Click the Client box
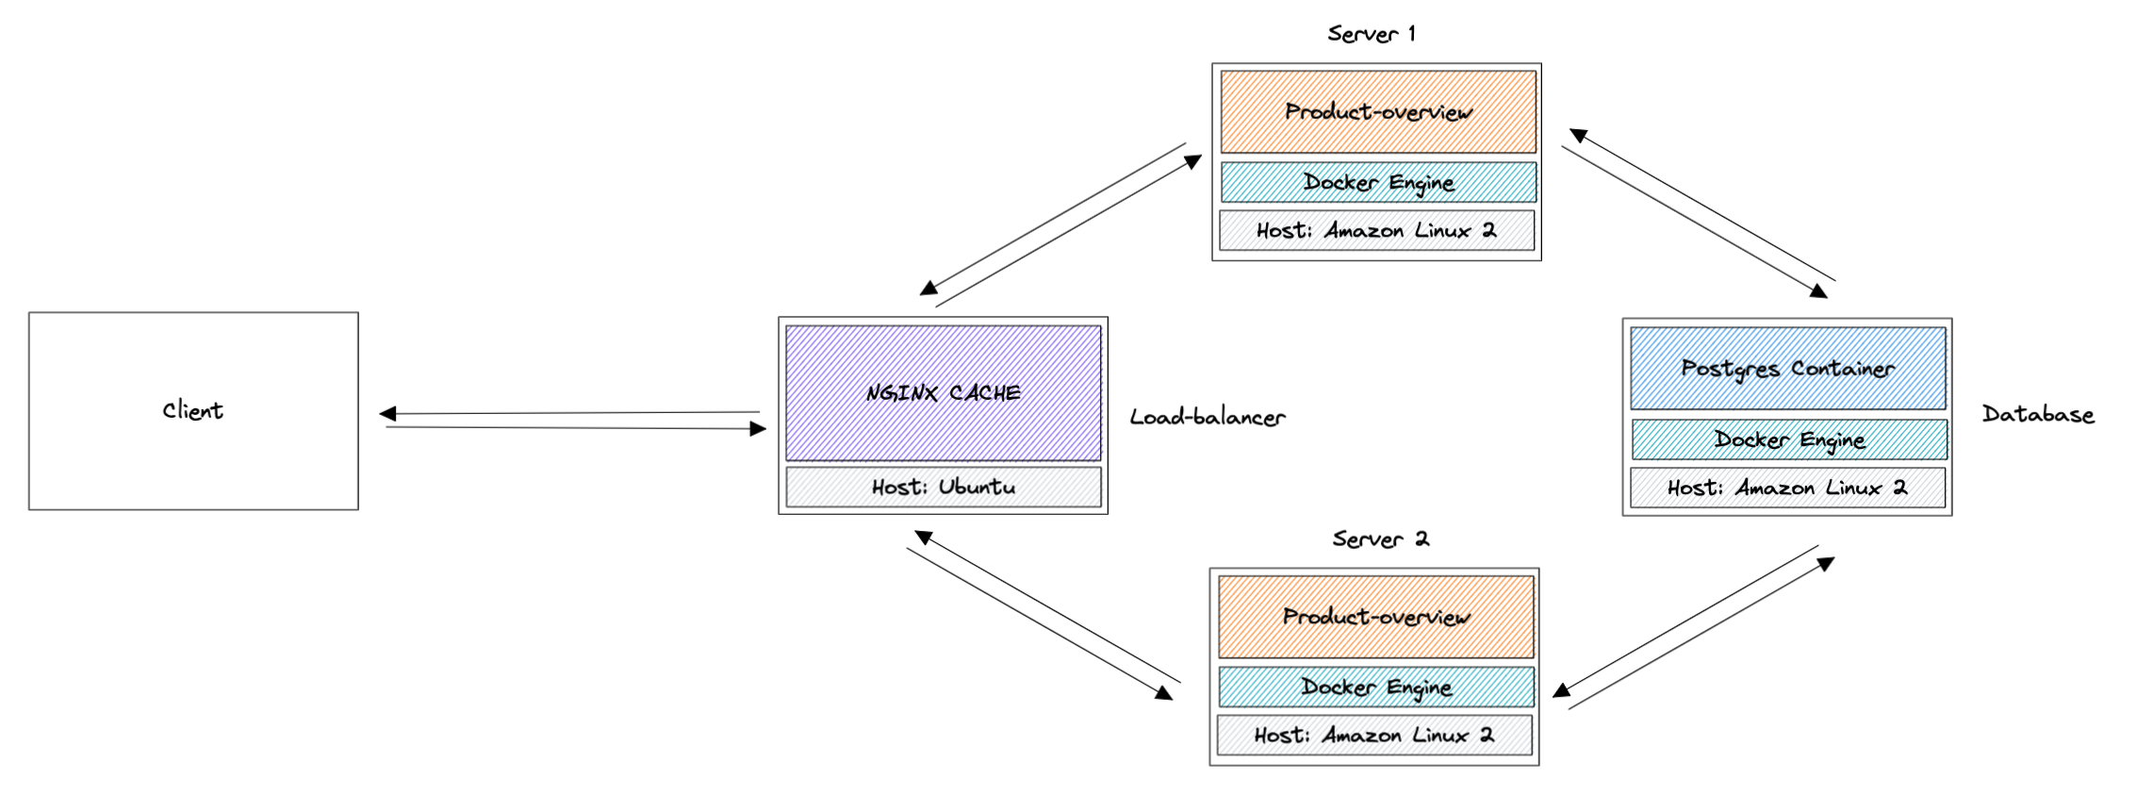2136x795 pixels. [x=193, y=411]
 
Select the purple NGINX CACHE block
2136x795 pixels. [x=943, y=393]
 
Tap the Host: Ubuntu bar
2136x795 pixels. [x=943, y=488]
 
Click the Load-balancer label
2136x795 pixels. [x=1207, y=417]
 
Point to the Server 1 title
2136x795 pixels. [x=1371, y=34]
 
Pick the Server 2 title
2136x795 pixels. [x=1380, y=539]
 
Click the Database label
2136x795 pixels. [x=2037, y=414]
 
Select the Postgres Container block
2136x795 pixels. [x=1787, y=369]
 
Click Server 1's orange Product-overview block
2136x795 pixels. [x=1377, y=112]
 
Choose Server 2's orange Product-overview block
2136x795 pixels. [x=1375, y=617]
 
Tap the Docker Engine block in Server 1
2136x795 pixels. [x=1377, y=182]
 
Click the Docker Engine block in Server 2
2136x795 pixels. [x=1375, y=687]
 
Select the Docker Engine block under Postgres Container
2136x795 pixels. [x=1788, y=439]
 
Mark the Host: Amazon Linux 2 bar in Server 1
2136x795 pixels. [x=1375, y=230]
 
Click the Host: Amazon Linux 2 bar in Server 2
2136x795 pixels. [x=1373, y=735]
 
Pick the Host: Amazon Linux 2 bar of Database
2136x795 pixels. [x=1786, y=488]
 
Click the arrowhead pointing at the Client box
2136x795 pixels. [x=386, y=413]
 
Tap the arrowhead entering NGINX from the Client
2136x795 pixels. [x=758, y=429]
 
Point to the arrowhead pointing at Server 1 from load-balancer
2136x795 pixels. [x=1193, y=161]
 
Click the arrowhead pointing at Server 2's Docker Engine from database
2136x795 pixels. [x=1561, y=691]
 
